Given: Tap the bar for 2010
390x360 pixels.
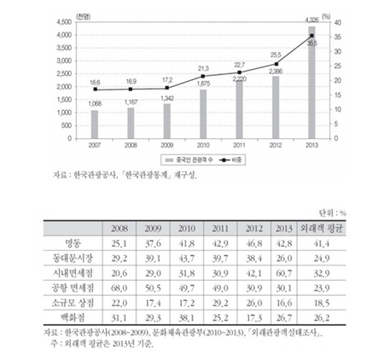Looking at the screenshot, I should [201, 112].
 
